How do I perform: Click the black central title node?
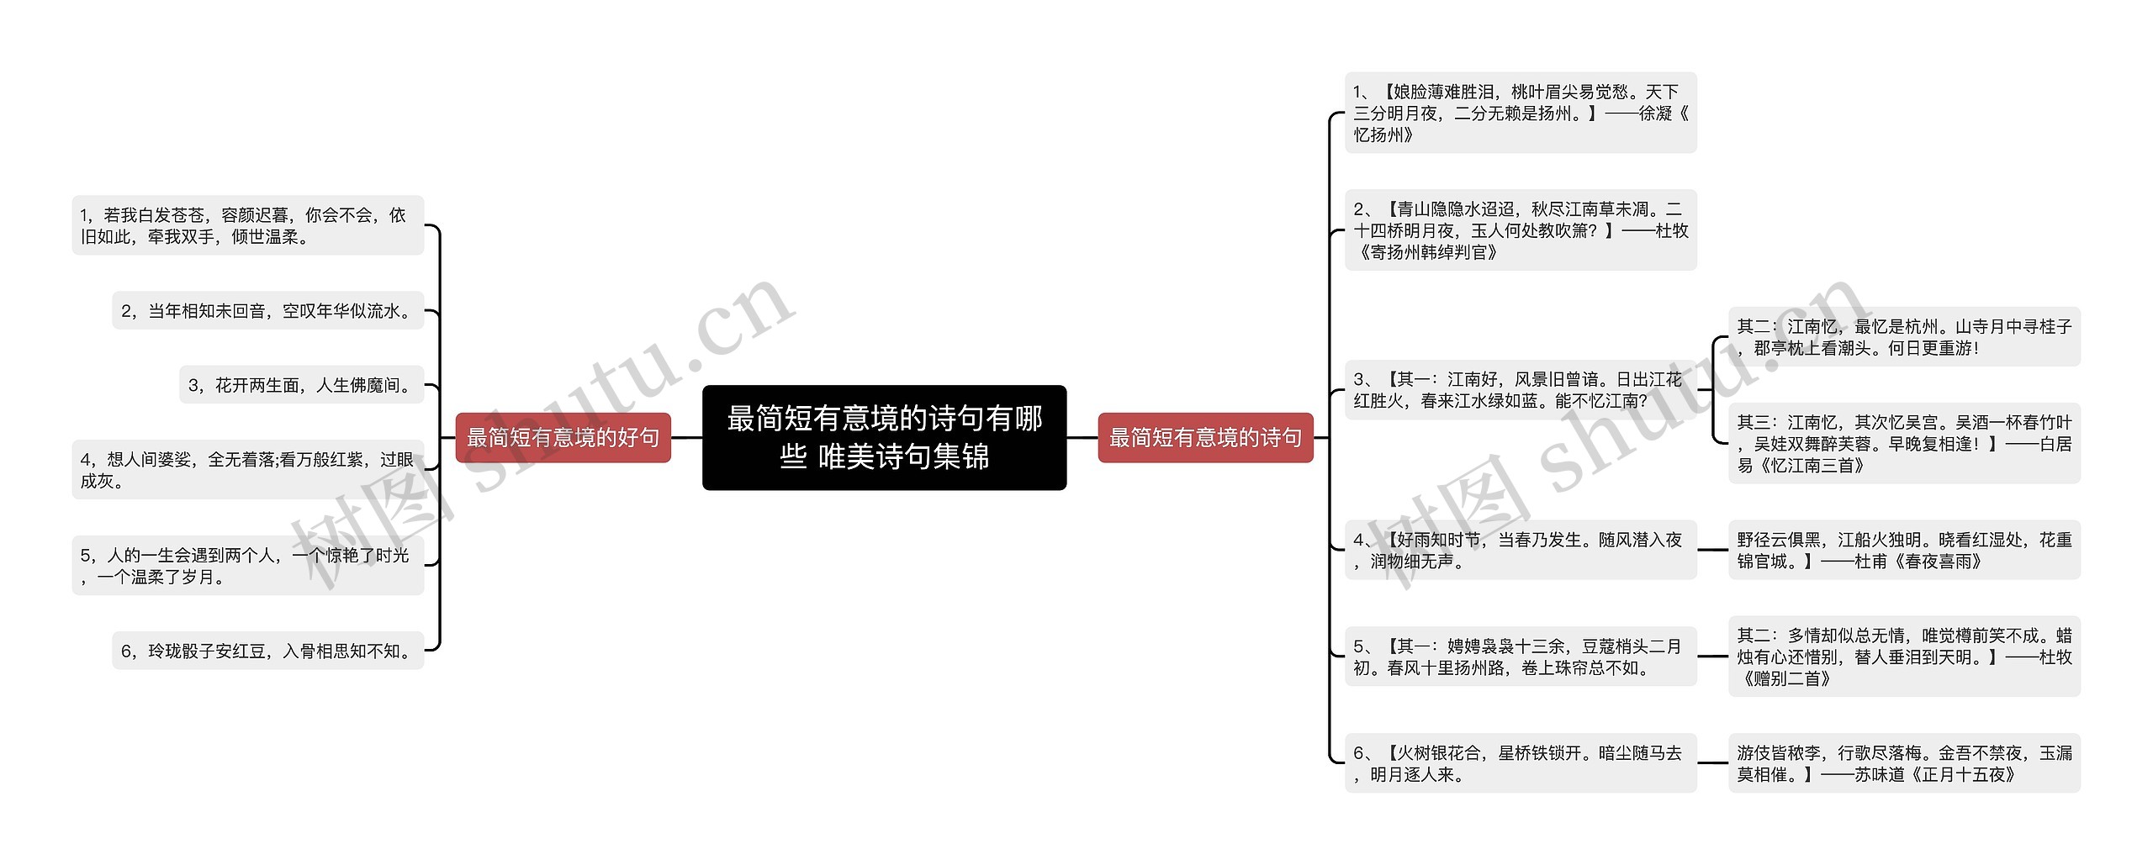coord(884,437)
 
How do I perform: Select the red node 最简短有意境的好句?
coord(563,437)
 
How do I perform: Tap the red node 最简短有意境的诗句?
coord(1205,437)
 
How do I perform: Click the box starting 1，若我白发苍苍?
coord(247,225)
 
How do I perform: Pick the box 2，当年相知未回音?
coord(267,311)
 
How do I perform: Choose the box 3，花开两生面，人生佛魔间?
coord(301,385)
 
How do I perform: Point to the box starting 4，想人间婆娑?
coord(247,470)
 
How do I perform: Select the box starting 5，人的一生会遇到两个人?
coord(247,566)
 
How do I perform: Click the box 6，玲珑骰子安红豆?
coord(267,651)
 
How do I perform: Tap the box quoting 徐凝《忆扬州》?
coord(1520,113)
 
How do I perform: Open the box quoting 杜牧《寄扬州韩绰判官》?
coord(1520,230)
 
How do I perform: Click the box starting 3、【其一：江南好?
coord(1520,390)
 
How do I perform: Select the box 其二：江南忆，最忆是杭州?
coord(1904,336)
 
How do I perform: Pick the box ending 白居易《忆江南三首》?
coord(1904,443)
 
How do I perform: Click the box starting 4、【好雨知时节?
coord(1520,550)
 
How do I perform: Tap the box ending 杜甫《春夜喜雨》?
coord(1904,550)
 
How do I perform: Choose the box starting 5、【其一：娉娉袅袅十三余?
coord(1520,657)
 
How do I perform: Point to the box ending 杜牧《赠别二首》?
coord(1904,657)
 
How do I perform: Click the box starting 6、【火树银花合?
coord(1520,763)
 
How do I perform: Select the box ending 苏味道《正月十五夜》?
coord(1904,763)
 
